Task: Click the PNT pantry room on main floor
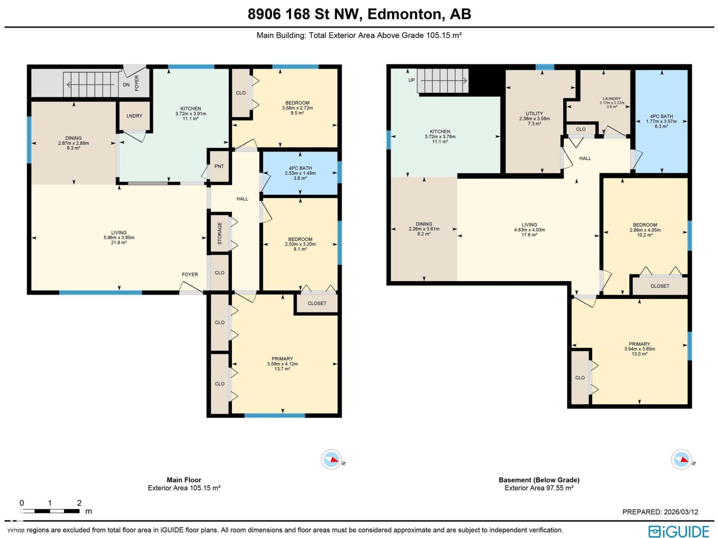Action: click(219, 166)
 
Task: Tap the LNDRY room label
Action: click(134, 116)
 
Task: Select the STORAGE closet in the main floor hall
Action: click(220, 233)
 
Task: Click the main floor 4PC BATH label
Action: click(300, 168)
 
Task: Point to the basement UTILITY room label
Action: click(534, 113)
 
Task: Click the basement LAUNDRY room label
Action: click(612, 99)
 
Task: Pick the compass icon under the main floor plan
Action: click(332, 460)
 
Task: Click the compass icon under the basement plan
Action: click(681, 460)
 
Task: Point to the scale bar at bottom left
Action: click(50, 511)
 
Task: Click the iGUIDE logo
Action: click(678, 531)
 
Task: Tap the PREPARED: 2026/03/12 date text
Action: click(660, 512)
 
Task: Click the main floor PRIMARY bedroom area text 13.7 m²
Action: click(282, 369)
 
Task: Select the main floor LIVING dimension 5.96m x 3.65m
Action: click(119, 238)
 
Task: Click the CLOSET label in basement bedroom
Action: click(660, 286)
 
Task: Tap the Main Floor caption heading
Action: click(184, 480)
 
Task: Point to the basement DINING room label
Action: click(424, 224)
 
